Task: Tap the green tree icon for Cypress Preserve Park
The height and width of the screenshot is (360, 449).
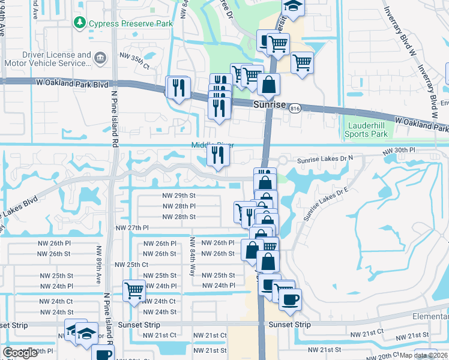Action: (79, 23)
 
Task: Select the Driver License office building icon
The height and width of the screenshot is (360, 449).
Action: (100, 58)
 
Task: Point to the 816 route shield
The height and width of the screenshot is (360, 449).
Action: (294, 109)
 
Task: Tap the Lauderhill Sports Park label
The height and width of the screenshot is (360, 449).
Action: (366, 130)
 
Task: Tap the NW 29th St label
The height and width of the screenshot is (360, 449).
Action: (179, 196)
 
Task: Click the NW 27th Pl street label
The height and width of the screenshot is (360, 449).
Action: (132, 228)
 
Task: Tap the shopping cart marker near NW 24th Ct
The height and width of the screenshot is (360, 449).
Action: (134, 291)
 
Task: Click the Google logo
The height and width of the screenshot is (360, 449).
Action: (20, 353)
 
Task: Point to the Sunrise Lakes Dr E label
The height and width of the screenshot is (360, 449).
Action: (327, 204)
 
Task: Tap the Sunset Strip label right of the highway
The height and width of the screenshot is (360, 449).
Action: (289, 325)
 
